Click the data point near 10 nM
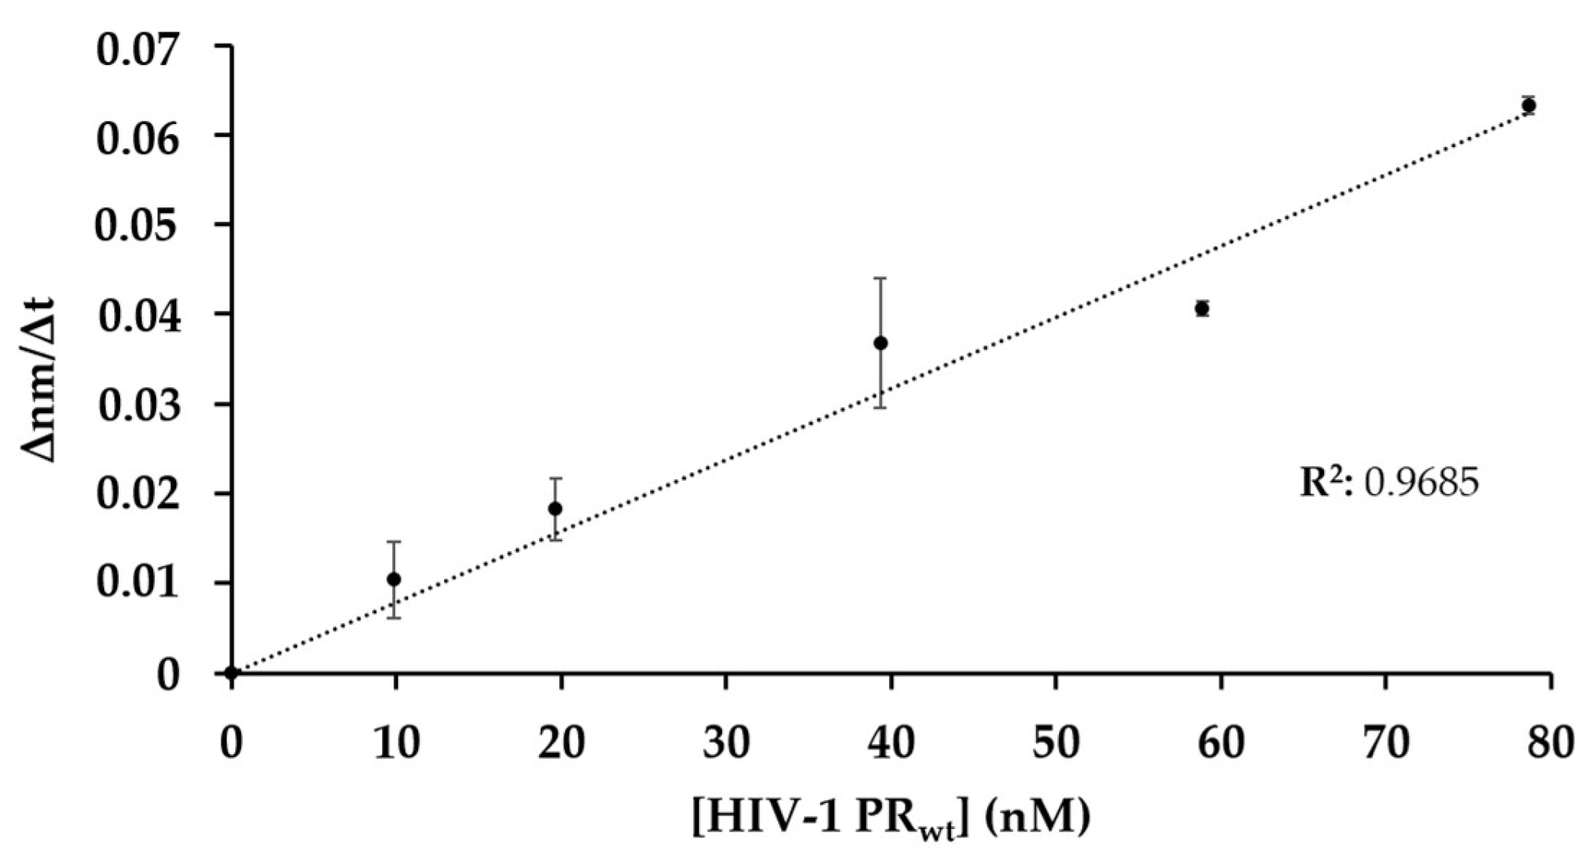[x=394, y=579]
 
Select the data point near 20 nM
[x=555, y=508]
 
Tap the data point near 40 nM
[x=881, y=342]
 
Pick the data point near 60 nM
[x=1202, y=308]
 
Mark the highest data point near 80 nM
[x=1528, y=105]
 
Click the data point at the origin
[x=232, y=673]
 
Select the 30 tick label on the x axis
[x=726, y=743]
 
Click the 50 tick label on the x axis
[x=1056, y=743]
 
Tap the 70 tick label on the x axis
[x=1386, y=743]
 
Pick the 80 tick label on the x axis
[x=1550, y=743]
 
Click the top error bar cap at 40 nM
[x=881, y=278]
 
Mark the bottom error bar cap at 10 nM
[x=394, y=618]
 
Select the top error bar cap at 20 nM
[x=555, y=478]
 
